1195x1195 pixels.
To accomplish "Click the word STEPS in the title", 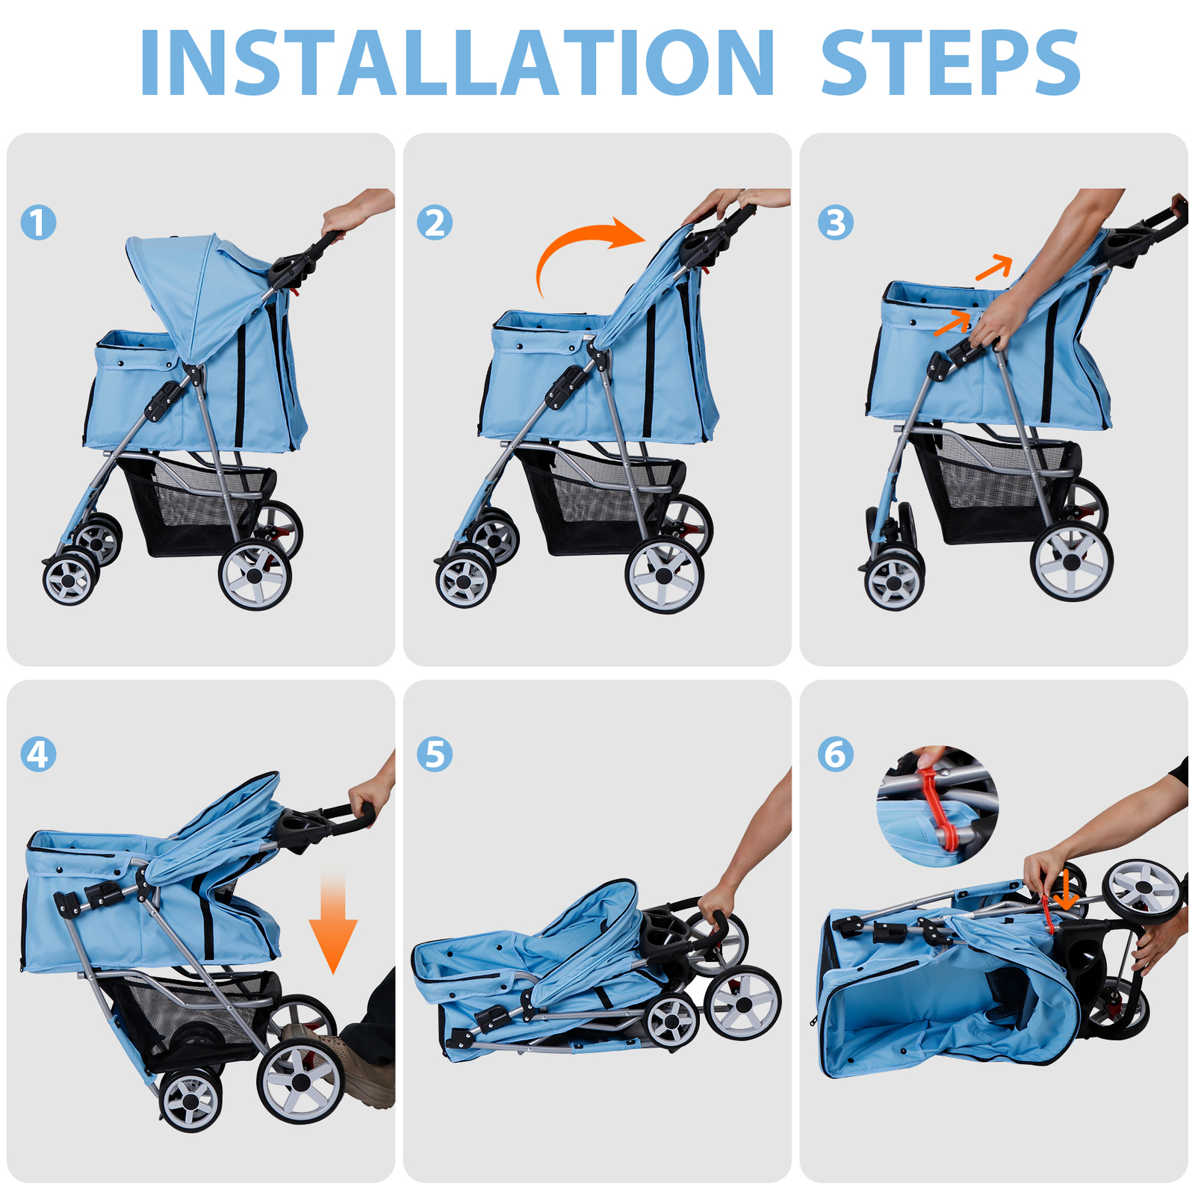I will click(950, 63).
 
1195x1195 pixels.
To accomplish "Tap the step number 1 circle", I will click(38, 222).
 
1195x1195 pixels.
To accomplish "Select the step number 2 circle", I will click(435, 222).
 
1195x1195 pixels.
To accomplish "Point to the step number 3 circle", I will click(835, 222).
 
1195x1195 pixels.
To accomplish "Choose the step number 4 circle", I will click(38, 754).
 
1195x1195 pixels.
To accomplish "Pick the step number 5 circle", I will click(435, 754).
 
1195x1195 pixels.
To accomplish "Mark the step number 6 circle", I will click(835, 754).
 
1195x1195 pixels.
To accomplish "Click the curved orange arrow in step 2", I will click(583, 243).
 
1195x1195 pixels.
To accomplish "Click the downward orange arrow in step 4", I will click(333, 922).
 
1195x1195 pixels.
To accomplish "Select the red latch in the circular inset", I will click(937, 807).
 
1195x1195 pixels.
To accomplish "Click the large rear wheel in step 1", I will click(255, 575).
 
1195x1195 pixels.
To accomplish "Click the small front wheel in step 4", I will click(191, 1102).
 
